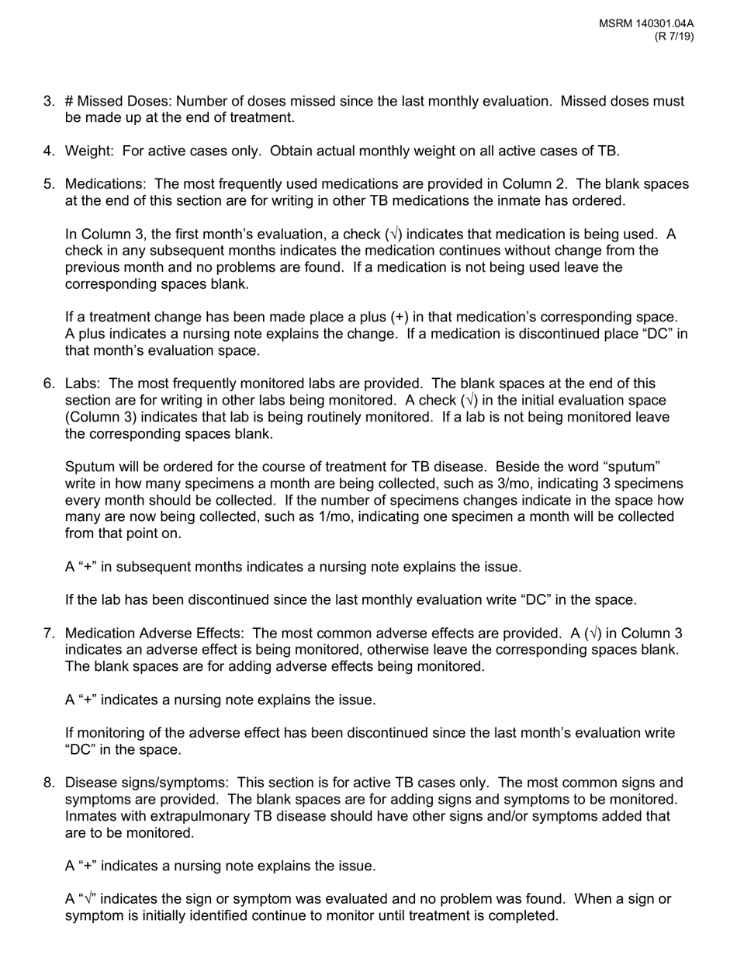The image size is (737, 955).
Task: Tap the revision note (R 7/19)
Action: point(673,36)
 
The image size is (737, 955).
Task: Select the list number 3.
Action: point(49,101)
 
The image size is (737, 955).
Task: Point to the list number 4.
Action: point(49,151)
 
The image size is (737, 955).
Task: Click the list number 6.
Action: point(49,384)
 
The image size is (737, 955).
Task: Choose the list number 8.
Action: point(49,783)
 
